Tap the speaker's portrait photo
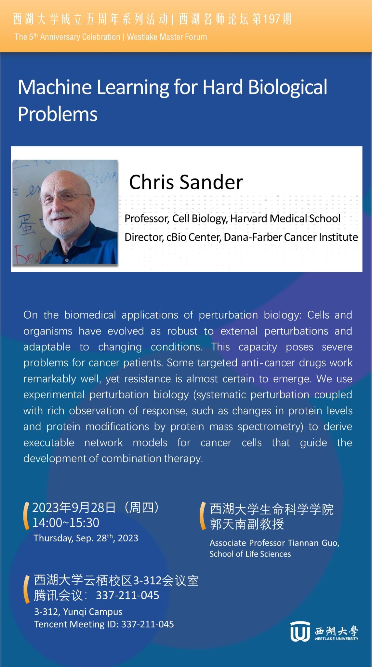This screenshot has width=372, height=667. coord(65,212)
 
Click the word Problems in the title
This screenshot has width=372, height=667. coord(58,115)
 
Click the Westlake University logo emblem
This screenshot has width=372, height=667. coord(300,631)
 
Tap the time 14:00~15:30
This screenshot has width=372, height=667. coord(66,523)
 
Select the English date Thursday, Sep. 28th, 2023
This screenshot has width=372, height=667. coord(86,538)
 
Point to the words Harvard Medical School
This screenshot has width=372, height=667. coord(286,219)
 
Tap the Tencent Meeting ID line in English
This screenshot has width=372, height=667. coord(104,624)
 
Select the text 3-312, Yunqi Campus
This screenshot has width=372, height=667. coord(78,612)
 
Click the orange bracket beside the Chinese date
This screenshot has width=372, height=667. coord(26,516)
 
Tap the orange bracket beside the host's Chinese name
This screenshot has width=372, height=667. coord(203,516)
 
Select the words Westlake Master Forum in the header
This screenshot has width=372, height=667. coord(167,37)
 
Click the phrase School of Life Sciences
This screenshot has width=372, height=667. coord(250,554)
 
